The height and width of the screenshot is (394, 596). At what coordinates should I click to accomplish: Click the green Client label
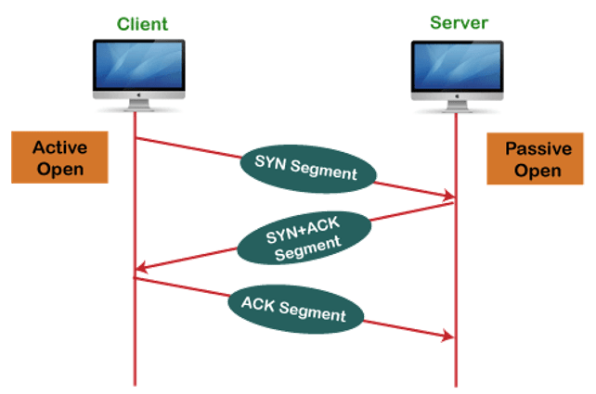142,24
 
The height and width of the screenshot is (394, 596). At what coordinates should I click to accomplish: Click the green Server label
459,23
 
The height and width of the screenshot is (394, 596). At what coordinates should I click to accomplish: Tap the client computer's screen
139,65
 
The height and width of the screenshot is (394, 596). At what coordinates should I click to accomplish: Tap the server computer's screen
458,67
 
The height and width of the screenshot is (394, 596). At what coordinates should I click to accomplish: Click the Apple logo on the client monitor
139,95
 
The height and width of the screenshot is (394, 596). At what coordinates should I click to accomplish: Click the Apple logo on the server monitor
458,96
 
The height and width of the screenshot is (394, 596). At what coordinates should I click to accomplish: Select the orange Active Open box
59,158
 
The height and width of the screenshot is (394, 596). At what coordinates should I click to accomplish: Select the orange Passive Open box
535,159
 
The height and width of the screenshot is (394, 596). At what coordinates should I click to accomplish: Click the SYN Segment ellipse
308,169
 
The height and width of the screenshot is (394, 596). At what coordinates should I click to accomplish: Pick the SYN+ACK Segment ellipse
304,237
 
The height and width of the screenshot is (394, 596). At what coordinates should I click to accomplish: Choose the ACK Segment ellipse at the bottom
296,310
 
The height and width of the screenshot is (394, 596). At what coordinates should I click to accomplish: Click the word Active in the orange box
60,147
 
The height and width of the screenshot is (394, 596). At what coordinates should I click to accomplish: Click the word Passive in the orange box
538,148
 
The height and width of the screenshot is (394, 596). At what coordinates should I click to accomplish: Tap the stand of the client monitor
139,105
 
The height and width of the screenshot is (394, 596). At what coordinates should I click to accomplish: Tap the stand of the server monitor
458,107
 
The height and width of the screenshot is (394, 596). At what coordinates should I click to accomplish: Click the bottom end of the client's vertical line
135,386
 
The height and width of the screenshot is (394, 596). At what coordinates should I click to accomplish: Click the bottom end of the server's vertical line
456,387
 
